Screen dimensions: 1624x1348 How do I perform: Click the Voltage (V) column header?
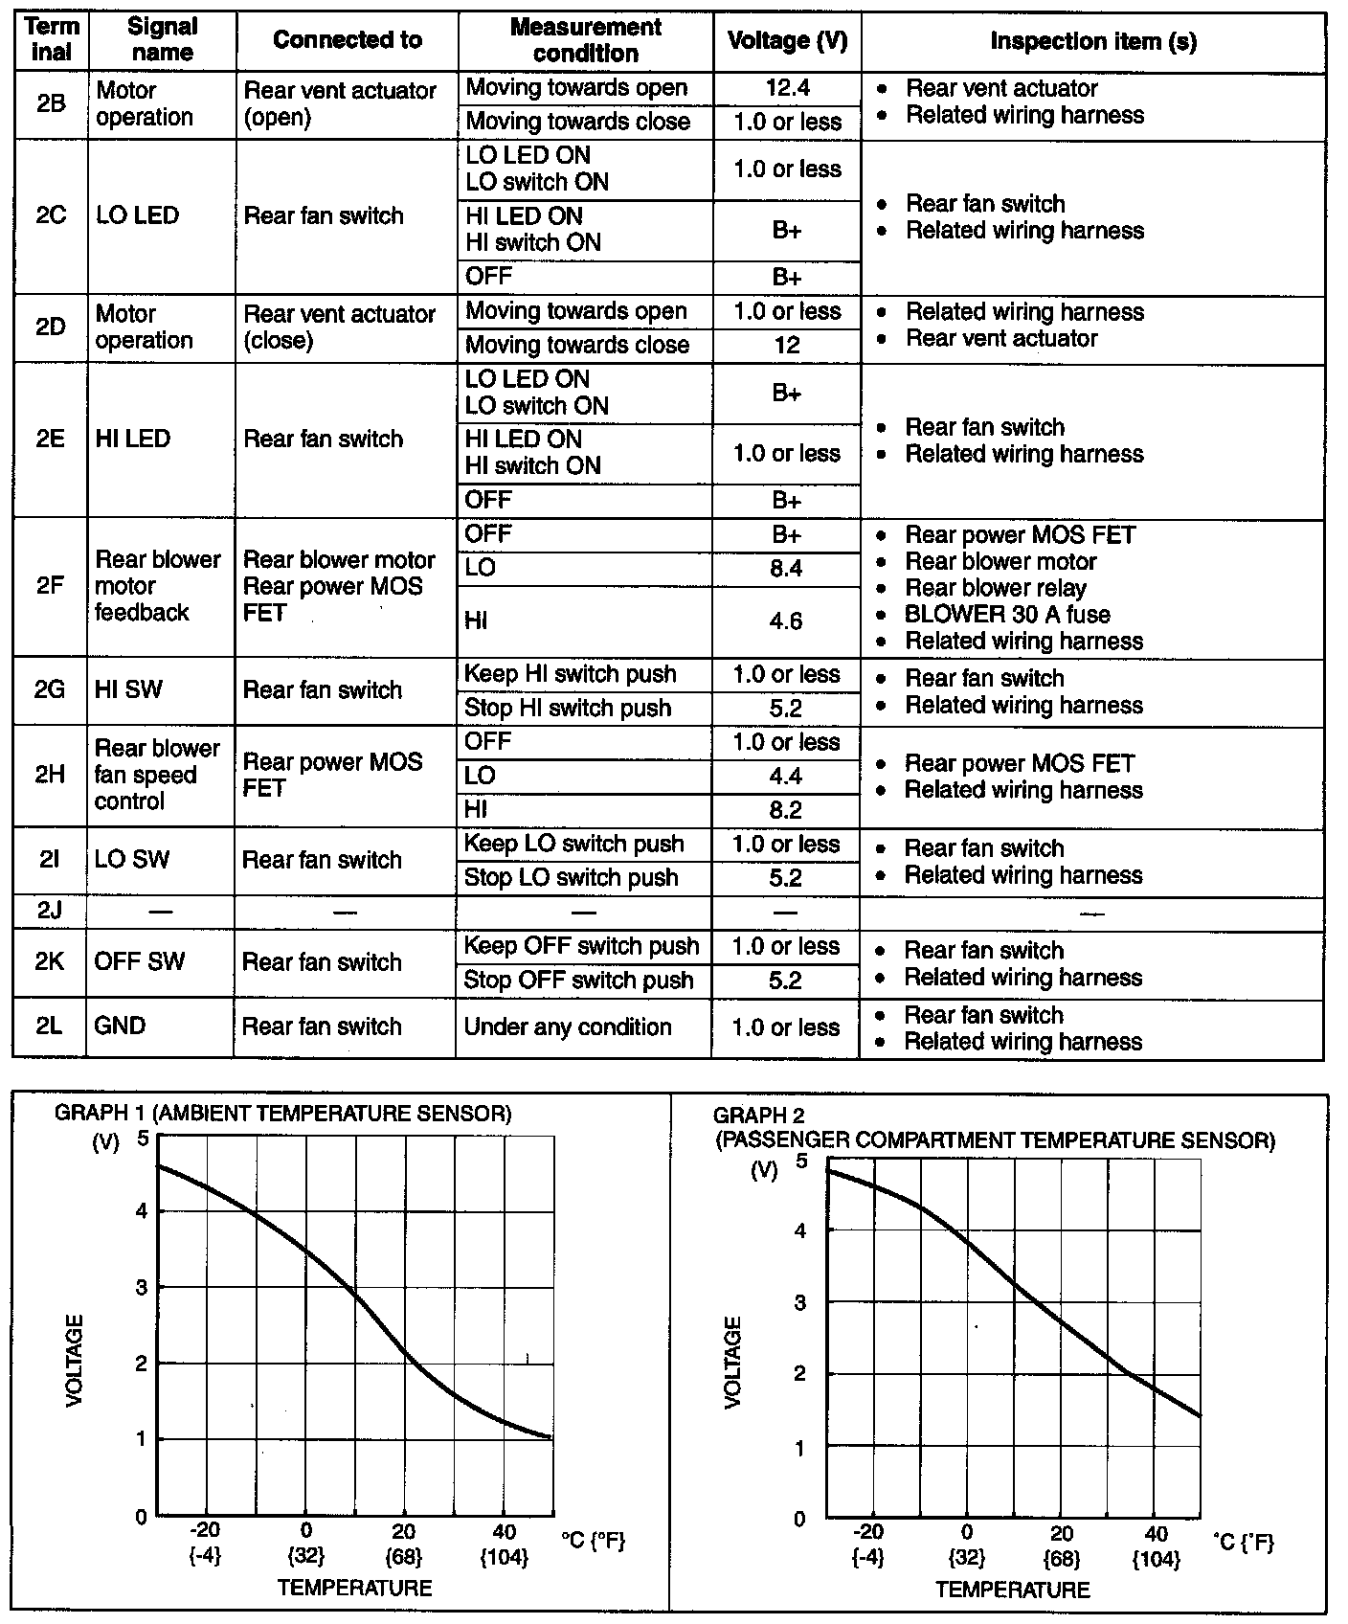click(x=787, y=41)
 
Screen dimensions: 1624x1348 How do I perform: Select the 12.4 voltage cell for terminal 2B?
click(x=787, y=88)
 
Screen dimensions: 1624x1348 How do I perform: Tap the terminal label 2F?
click(x=50, y=586)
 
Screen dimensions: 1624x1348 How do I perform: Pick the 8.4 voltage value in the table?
click(x=786, y=569)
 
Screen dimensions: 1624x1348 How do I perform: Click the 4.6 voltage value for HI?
click(x=786, y=621)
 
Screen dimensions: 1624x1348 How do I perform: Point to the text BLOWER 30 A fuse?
click(x=1007, y=615)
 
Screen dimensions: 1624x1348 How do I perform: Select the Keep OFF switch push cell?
click(x=581, y=946)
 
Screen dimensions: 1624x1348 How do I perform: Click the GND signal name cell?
click(x=120, y=1026)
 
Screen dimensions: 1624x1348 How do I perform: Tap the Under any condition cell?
click(x=568, y=1027)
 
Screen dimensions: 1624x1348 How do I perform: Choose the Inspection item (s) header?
click(x=1092, y=41)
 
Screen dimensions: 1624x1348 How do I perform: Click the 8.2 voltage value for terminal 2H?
click(x=785, y=810)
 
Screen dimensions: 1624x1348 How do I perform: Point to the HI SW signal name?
click(x=128, y=689)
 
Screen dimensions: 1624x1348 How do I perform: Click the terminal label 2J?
click(x=49, y=911)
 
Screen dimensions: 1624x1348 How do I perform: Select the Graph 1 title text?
click(x=283, y=1114)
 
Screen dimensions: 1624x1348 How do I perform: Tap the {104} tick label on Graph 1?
click(x=504, y=1558)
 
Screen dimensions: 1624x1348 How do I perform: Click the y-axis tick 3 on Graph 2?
click(x=800, y=1303)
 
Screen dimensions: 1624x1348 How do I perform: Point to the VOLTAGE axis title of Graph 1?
click(x=75, y=1361)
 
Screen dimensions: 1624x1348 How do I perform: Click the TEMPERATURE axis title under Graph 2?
click(x=1012, y=1590)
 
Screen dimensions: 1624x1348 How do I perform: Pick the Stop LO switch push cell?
click(x=571, y=878)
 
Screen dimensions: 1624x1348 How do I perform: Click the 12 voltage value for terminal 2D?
click(x=786, y=345)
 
